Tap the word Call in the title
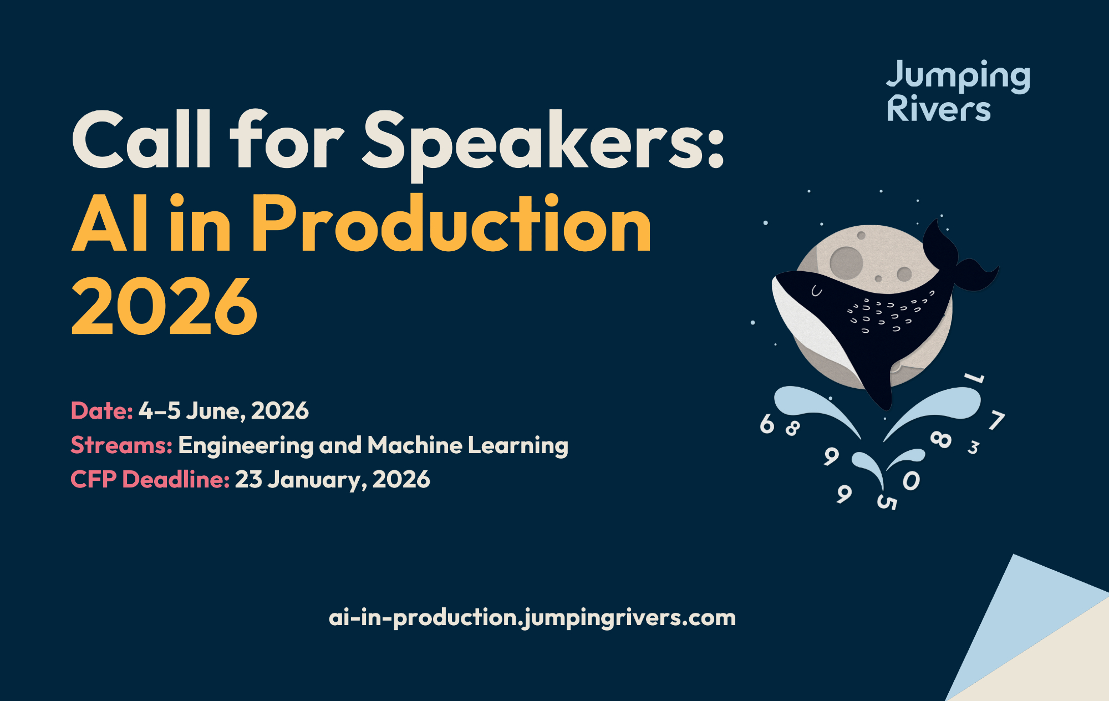(x=142, y=139)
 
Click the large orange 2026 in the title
(x=165, y=306)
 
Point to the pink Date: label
(x=102, y=411)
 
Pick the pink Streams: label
(x=121, y=445)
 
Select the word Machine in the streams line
(x=415, y=445)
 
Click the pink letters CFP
(x=94, y=480)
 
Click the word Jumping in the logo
(x=958, y=77)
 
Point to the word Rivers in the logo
(x=939, y=108)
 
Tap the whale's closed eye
(x=816, y=291)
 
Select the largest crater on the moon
(x=846, y=262)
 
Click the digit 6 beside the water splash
(x=767, y=424)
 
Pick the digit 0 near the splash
(x=911, y=481)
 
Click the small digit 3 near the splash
(x=973, y=447)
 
